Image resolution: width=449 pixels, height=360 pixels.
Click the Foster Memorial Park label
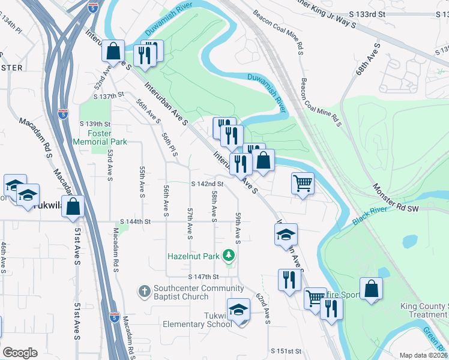pyautogui.click(x=100, y=137)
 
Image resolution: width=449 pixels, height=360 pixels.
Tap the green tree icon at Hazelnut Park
pyautogui.click(x=228, y=256)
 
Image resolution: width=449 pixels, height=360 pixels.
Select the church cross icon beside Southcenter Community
pyautogui.click(x=144, y=292)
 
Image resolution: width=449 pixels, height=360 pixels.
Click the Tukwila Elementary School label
pyautogui.click(x=197, y=320)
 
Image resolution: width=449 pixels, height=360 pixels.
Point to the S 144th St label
pyautogui.click(x=134, y=221)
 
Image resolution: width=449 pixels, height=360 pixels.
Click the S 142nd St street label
pyautogui.click(x=207, y=184)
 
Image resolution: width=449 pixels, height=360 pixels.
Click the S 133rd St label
pyautogui.click(x=349, y=13)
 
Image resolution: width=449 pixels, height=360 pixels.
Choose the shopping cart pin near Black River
pyautogui.click(x=303, y=184)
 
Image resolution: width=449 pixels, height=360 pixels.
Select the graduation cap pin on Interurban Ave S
pyautogui.click(x=286, y=234)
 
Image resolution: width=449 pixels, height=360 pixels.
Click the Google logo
pyautogui.click(x=20, y=352)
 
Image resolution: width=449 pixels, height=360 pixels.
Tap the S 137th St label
pyautogui.click(x=109, y=95)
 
